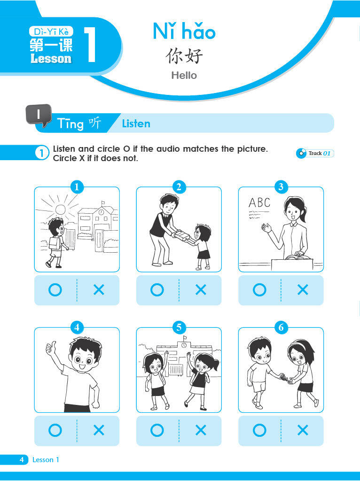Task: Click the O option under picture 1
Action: pyautogui.click(x=55, y=289)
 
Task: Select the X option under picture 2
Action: pyautogui.click(x=201, y=289)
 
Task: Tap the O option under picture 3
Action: pyautogui.click(x=259, y=289)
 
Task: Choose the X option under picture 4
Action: pyautogui.click(x=99, y=430)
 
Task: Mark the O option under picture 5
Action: pyautogui.click(x=157, y=430)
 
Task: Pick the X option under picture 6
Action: pyautogui.click(x=303, y=430)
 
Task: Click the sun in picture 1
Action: pyautogui.click(x=60, y=210)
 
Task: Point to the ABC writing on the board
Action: pyautogui.click(x=259, y=202)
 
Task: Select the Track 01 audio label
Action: pyautogui.click(x=315, y=153)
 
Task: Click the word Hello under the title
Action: pyautogui.click(x=184, y=75)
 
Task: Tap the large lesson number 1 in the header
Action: pyautogui.click(x=90, y=45)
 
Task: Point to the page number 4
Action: pyautogui.click(x=22, y=459)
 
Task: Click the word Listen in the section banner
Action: pyautogui.click(x=136, y=124)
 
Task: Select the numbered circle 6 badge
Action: pyautogui.click(x=281, y=327)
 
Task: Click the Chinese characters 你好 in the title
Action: pyautogui.click(x=184, y=56)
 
